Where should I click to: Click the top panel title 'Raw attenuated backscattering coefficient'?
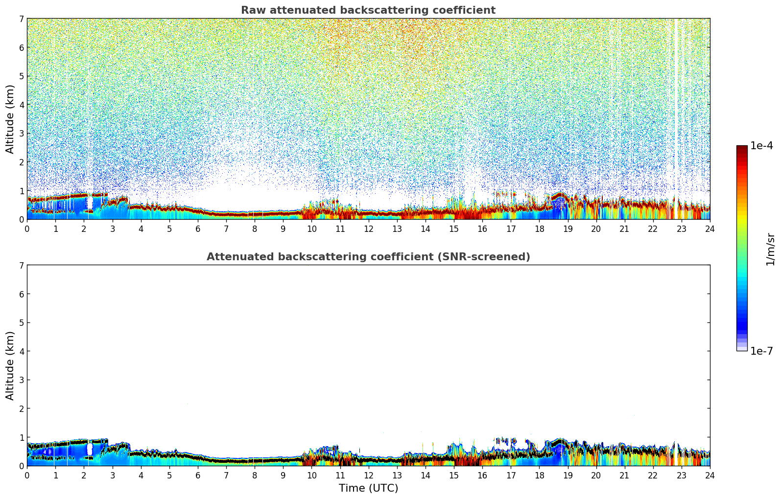(368, 10)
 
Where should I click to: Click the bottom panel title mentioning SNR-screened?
(368, 257)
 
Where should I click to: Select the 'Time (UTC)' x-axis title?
(368, 488)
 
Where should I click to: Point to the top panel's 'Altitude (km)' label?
(10, 119)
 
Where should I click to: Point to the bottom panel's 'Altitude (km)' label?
(10, 365)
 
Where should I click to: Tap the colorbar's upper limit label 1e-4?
(761, 146)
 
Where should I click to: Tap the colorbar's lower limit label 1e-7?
(761, 351)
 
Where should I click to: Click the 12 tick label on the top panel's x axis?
(368, 229)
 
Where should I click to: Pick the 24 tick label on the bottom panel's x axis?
(710, 476)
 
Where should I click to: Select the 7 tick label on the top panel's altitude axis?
(21, 19)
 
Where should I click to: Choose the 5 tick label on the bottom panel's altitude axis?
(21, 322)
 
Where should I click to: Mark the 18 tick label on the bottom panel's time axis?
(539, 476)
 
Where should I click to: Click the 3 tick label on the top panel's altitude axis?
(21, 134)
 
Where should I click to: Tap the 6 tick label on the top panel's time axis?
(198, 229)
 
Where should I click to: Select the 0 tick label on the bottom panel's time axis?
(27, 476)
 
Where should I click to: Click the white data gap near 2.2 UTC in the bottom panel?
(90, 449)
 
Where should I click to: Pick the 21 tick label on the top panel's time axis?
(624, 229)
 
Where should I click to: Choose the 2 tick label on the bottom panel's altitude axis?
(21, 408)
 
